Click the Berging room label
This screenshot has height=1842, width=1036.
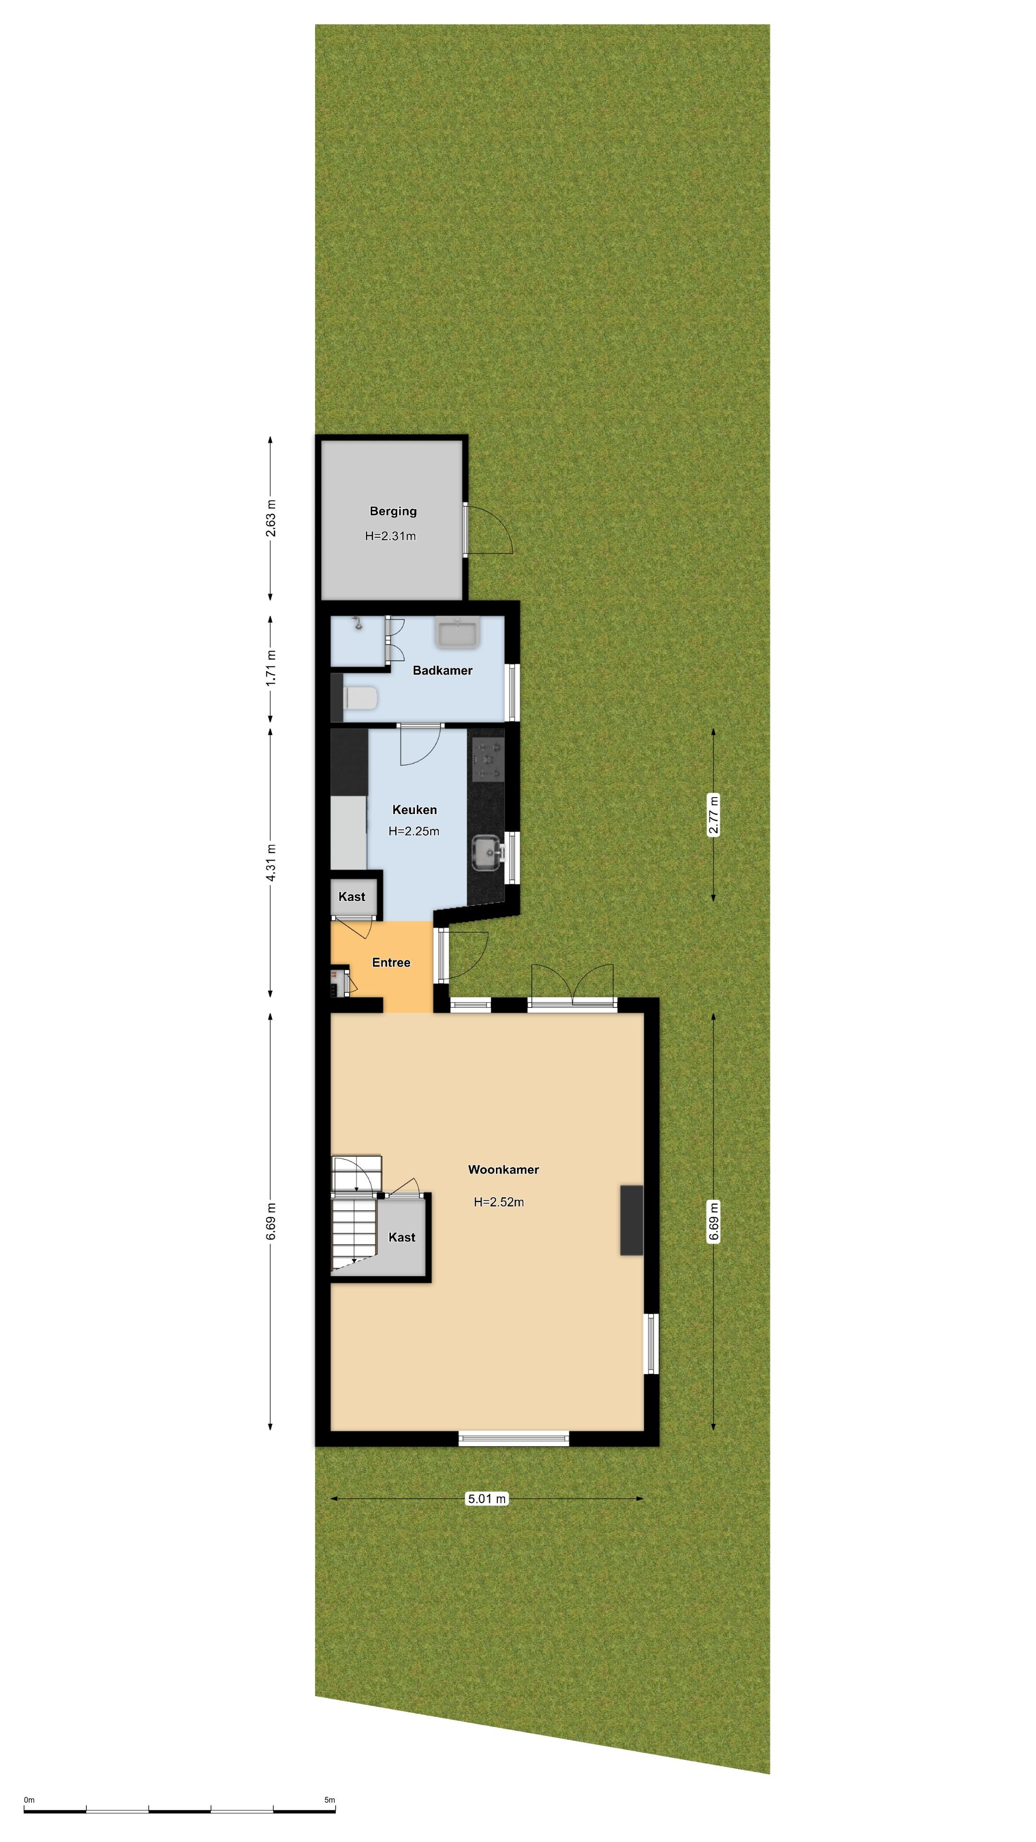click(392, 511)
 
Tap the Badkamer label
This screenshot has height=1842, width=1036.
click(443, 671)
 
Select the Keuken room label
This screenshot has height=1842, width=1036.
click(414, 809)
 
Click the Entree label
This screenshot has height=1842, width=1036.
click(391, 962)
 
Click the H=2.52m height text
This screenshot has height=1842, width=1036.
click(498, 1202)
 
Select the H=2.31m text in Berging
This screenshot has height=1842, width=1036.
click(390, 536)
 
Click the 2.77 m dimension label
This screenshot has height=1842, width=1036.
click(713, 815)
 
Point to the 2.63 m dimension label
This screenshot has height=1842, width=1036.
click(270, 519)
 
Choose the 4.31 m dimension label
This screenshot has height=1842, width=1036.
click(270, 862)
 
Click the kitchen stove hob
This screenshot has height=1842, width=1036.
click(487, 759)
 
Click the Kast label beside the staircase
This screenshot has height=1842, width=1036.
click(402, 1237)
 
